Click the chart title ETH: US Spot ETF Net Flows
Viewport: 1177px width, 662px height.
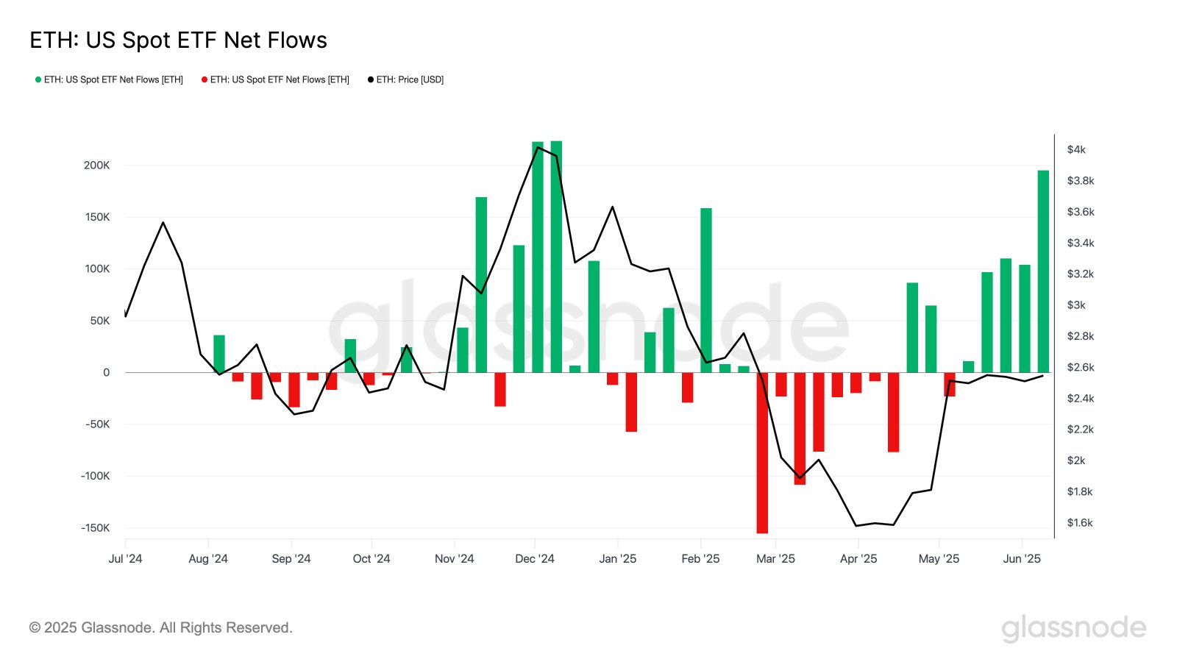coord(178,40)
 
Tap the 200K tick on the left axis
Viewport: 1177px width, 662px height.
coord(96,165)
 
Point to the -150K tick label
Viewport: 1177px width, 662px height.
coord(95,528)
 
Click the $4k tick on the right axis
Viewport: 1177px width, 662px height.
coord(1075,149)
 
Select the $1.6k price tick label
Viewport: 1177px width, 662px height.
coord(1079,523)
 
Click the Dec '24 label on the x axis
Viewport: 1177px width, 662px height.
coord(535,559)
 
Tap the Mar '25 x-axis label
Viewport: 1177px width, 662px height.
coord(775,559)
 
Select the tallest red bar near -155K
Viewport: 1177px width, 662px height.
coord(762,456)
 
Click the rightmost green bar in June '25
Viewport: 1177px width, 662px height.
coord(1043,272)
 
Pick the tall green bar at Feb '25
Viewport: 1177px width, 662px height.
coord(706,291)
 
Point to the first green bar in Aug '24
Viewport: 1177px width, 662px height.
coord(219,354)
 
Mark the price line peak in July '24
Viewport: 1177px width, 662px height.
coord(163,222)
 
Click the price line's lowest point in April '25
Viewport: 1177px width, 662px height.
coord(856,525)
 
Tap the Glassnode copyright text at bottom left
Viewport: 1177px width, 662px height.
coord(161,627)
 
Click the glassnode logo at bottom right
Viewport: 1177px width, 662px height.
coord(1073,628)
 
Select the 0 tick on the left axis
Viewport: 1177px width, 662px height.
coord(107,373)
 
